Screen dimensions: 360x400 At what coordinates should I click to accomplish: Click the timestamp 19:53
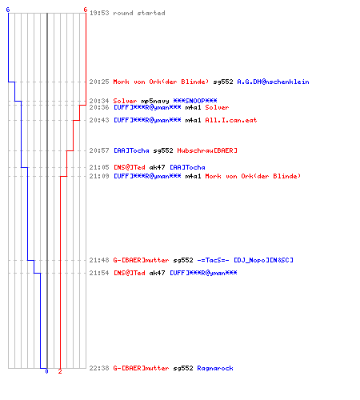coord(99,13)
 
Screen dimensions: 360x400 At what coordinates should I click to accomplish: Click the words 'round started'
coord(139,13)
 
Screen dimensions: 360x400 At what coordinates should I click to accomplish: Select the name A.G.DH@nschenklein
coord(273,82)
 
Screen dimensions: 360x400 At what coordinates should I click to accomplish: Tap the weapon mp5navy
coord(155,101)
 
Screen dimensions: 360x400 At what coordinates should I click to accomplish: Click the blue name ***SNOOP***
coord(195,101)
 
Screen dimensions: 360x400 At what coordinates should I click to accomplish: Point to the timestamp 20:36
coord(99,107)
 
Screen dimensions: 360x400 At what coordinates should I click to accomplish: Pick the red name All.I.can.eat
coord(231,120)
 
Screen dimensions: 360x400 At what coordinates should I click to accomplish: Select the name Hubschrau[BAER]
coord(207,150)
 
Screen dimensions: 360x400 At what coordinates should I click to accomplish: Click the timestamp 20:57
coord(99,150)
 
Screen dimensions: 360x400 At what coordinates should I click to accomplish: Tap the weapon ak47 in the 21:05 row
coord(157,167)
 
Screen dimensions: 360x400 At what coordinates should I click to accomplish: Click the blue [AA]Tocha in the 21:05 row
coord(187,167)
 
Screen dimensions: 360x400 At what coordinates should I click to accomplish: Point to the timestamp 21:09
coord(99,176)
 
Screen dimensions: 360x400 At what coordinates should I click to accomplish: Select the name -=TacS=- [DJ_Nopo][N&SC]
coord(245,260)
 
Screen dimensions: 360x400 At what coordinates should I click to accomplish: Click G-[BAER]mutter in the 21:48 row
coord(141,260)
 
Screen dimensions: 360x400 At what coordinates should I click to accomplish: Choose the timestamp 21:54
coord(99,273)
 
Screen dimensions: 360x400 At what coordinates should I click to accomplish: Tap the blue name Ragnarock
coord(215,368)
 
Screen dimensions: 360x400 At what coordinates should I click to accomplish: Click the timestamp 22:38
coord(99,368)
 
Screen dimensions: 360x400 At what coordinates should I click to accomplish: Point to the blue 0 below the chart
coord(46,371)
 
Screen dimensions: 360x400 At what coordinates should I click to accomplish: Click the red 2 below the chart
coord(60,371)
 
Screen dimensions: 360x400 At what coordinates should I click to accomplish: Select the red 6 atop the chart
coord(86,10)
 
